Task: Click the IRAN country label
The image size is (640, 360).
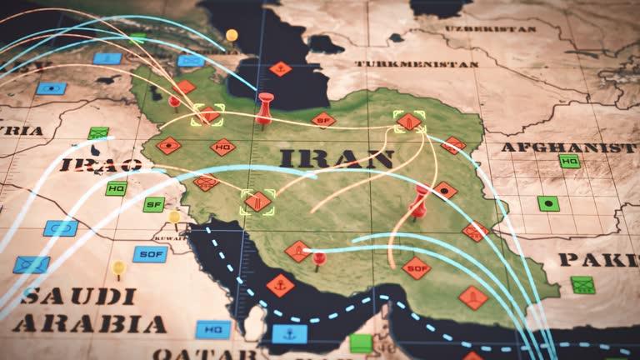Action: pos(337,158)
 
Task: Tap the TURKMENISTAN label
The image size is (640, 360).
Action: pos(417,63)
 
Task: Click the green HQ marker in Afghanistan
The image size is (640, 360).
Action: pos(570,162)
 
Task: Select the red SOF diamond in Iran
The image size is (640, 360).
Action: pos(416,267)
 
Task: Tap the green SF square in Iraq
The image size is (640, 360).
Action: pos(153,204)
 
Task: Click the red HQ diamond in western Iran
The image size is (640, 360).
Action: pos(222,147)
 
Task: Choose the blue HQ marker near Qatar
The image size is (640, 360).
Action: pos(213,330)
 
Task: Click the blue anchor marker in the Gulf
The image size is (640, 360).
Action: pos(289,334)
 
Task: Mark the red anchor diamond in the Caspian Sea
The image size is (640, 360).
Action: pos(281,69)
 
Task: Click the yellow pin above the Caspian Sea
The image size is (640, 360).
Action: pos(232,35)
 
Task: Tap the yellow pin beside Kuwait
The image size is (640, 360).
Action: pos(174,217)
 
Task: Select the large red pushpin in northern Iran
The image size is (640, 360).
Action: pos(265,103)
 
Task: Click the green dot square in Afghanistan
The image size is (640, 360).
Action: pos(547,202)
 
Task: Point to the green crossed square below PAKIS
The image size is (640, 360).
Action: pos(582,285)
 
